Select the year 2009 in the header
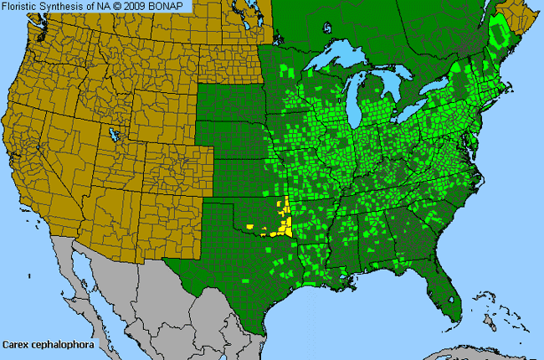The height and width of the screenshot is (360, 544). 138,7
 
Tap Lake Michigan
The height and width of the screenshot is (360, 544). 362,105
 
